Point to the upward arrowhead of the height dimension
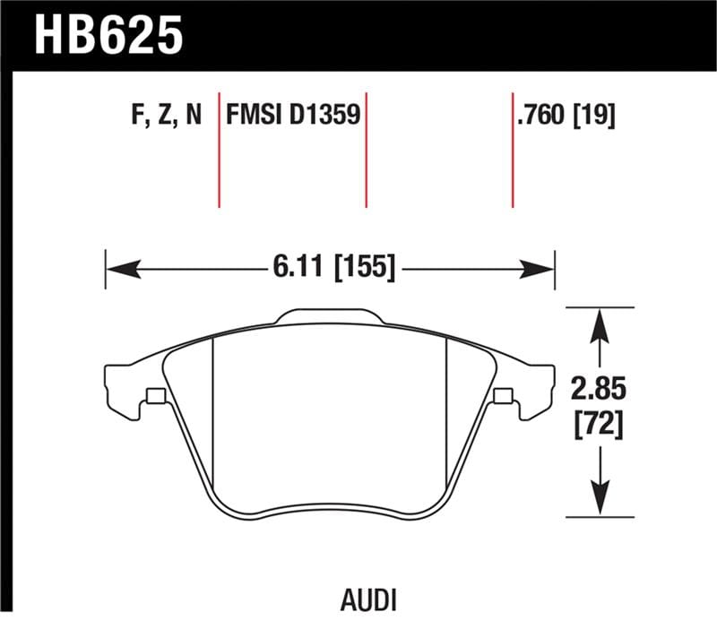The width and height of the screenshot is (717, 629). click(600, 323)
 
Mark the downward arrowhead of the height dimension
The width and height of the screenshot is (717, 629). click(600, 502)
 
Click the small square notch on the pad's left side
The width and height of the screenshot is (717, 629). click(154, 396)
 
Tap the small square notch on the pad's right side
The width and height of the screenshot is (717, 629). click(502, 396)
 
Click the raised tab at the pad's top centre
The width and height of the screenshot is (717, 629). click(329, 316)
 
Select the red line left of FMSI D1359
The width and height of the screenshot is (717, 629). click(220, 148)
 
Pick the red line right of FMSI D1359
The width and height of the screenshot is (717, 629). click(367, 148)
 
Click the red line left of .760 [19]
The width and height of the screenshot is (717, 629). click(513, 148)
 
